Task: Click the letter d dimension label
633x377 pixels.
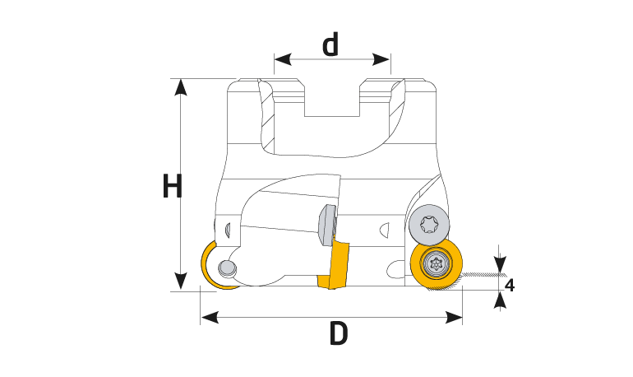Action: (330, 44)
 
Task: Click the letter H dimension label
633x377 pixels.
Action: (173, 186)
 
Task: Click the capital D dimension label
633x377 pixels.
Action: (339, 333)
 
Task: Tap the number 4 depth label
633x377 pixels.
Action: (510, 286)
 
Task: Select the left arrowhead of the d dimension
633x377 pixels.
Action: (283, 59)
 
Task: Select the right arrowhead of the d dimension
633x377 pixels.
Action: (381, 59)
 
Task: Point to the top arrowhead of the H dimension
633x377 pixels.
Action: (181, 87)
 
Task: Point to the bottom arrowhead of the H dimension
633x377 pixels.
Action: (181, 282)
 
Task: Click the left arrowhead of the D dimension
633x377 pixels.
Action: (210, 317)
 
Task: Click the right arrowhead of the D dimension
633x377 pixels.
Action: (453, 317)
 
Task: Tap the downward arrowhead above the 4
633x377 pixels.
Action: (500, 264)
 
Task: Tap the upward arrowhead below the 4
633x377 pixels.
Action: (500, 300)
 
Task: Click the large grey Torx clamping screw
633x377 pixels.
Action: (429, 225)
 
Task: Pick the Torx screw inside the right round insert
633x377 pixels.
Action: (435, 264)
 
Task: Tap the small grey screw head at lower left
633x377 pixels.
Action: (227, 268)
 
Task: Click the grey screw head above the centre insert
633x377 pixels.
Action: (327, 224)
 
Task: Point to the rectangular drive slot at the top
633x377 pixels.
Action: (332, 98)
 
